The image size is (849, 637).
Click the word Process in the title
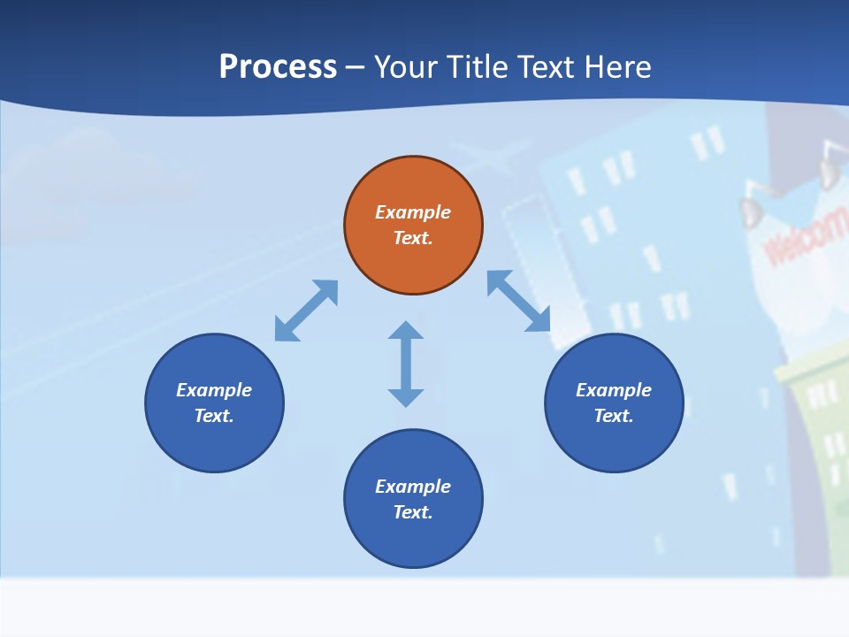tap(278, 67)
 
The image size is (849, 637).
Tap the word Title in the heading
tap(483, 67)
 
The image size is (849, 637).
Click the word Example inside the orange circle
tap(413, 212)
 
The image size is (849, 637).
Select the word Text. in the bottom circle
tap(413, 512)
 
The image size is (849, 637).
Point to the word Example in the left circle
tap(214, 390)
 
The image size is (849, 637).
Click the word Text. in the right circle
tap(614, 416)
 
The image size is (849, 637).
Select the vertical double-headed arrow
tap(406, 364)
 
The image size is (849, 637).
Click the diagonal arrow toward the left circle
tap(306, 311)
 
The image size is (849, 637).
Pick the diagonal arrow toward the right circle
tap(519, 302)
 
